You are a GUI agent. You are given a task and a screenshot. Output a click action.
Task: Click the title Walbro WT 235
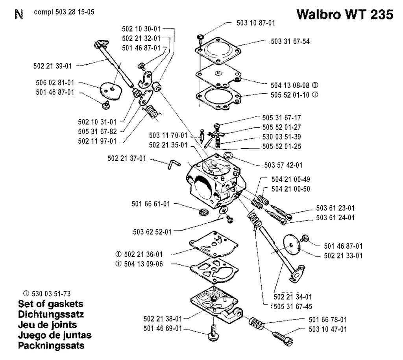click(345, 14)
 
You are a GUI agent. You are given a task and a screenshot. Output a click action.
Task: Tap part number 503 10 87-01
click(256, 23)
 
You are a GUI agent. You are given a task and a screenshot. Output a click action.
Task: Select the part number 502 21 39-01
click(52, 66)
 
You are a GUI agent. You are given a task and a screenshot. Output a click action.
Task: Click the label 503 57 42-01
click(283, 165)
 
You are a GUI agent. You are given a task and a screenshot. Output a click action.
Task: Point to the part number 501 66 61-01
click(151, 204)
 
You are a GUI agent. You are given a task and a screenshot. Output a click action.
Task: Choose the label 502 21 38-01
click(163, 319)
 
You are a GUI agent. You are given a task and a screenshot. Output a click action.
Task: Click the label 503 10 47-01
click(328, 329)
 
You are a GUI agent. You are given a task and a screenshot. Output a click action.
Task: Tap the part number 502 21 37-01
click(127, 158)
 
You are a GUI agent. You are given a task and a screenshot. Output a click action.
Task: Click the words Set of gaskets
click(51, 304)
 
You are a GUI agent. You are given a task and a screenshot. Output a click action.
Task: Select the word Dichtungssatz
click(51, 314)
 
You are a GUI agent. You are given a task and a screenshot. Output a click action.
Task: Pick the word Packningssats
click(51, 345)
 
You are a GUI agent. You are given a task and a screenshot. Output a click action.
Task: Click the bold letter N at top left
click(19, 15)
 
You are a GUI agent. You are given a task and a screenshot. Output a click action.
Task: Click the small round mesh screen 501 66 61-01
click(204, 212)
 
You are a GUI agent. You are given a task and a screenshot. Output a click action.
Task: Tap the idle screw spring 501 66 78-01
click(256, 323)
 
